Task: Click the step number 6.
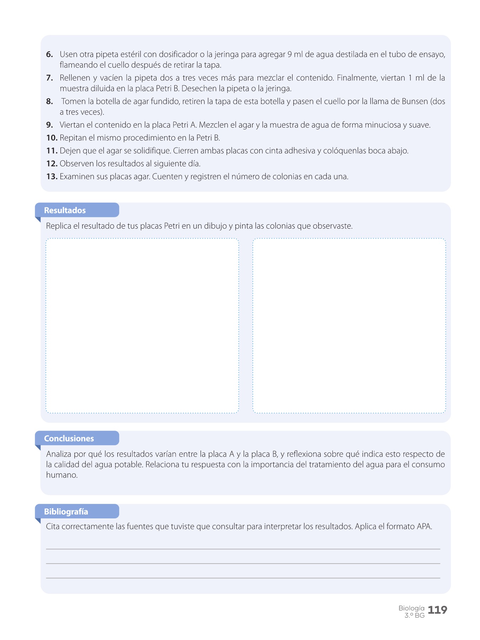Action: [49, 54]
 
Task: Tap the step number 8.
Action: [49, 101]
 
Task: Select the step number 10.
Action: [52, 138]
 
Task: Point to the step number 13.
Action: [52, 177]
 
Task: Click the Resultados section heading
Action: [65, 210]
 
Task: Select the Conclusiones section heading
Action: [69, 439]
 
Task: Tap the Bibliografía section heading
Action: [66, 512]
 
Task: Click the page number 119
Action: [437, 610]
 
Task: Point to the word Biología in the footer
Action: [411, 608]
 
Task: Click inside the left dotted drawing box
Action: [142, 325]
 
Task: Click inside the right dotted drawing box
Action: [349, 325]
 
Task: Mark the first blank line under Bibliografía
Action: [243, 549]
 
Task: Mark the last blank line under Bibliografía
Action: [243, 578]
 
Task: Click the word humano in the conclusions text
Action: [62, 475]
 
